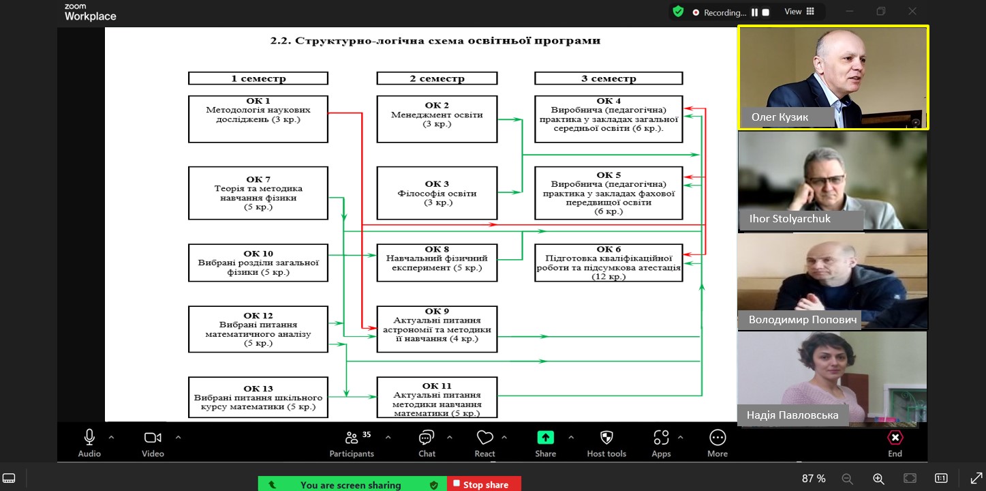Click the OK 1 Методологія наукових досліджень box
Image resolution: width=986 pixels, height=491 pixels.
[x=258, y=119]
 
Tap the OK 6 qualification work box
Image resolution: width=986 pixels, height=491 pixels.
[x=608, y=263]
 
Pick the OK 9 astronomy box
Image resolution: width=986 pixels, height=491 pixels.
[x=437, y=329]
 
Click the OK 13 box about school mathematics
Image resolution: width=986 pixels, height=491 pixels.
[x=258, y=397]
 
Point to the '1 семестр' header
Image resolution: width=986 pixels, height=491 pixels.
[x=258, y=78]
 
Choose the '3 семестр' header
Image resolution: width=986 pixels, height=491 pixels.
[x=608, y=78]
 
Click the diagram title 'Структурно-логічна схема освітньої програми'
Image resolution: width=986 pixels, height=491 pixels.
[x=435, y=41]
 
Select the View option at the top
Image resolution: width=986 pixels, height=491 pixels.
[x=799, y=12]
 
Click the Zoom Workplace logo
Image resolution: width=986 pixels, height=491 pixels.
[x=90, y=12]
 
